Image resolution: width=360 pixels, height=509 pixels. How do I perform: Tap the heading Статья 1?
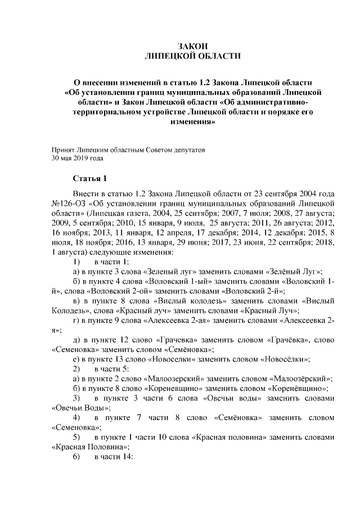[89, 179]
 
